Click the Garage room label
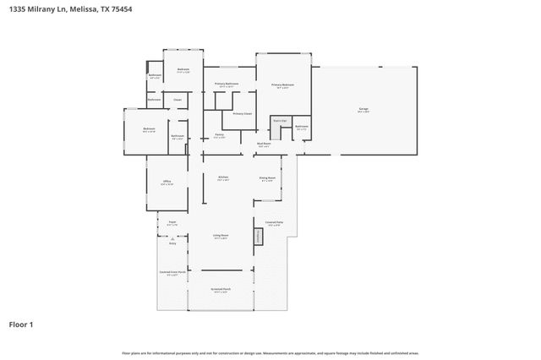tap(363, 110)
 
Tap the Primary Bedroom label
tap(282, 85)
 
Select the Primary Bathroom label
tap(226, 85)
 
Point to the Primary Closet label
tap(243, 113)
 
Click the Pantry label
tap(219, 135)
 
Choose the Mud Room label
tap(264, 145)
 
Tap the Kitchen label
tap(223, 177)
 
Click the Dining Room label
tap(268, 178)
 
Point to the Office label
tap(167, 182)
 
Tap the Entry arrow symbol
tap(172, 239)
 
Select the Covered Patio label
tap(273, 223)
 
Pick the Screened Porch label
tap(221, 290)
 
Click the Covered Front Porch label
tap(172, 273)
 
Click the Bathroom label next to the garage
tap(302, 127)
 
